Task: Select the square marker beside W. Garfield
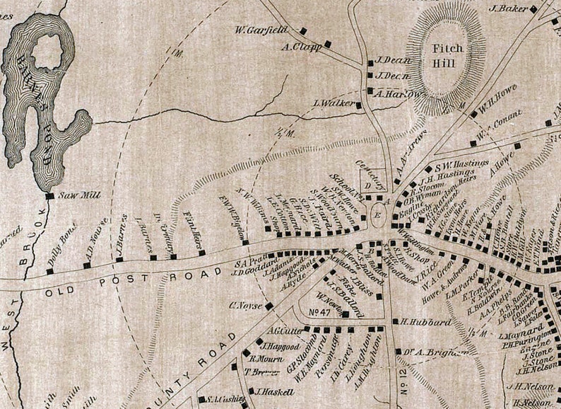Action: click(x=303, y=30)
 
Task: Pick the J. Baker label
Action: click(x=509, y=8)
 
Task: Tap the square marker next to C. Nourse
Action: click(x=268, y=306)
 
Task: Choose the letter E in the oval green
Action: click(x=378, y=215)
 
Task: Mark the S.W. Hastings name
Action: click(x=462, y=163)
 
